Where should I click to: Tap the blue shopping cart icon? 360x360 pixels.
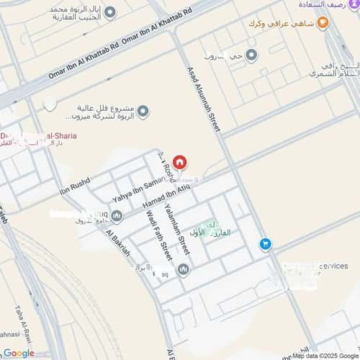click(266, 246)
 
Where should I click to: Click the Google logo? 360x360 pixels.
click(18, 353)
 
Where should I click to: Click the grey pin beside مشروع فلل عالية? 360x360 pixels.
click(143, 111)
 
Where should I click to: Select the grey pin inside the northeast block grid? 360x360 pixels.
click(251, 55)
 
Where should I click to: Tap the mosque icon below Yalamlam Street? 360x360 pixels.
click(183, 270)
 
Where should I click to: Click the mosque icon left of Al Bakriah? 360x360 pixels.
click(117, 215)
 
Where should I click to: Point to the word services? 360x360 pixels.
click(332, 266)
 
